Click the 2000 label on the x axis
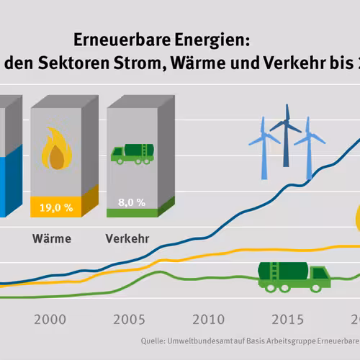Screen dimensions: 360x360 (x=50, y=320)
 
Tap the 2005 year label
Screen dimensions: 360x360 (x=129, y=320)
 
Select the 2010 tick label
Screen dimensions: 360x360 (x=208, y=320)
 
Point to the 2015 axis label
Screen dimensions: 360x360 (x=287, y=320)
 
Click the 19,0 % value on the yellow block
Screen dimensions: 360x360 (x=56, y=207)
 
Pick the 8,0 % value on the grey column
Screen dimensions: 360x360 (x=132, y=202)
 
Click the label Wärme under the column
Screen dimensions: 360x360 (x=52, y=239)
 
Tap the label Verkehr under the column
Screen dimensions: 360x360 (x=127, y=239)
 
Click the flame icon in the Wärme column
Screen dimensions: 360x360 (x=57, y=148)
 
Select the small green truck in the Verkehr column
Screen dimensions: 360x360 (x=132, y=154)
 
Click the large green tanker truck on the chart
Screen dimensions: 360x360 (x=294, y=277)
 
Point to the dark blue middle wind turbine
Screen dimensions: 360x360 (x=286, y=135)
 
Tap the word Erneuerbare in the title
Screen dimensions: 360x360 (x=122, y=40)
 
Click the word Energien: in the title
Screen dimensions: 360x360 (x=212, y=40)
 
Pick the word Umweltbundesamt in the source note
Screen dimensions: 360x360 (x=200, y=341)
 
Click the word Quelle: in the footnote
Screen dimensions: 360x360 (x=153, y=341)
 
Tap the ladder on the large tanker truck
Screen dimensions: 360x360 (x=274, y=271)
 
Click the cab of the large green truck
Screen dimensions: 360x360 (x=320, y=276)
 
